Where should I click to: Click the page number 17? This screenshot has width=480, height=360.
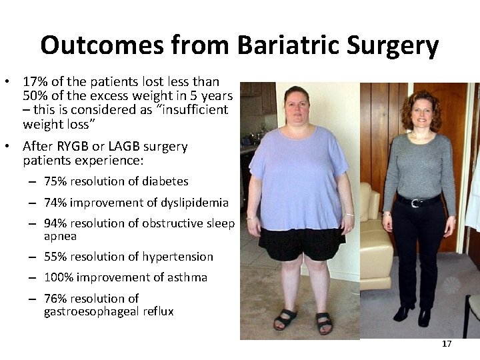coord(446,344)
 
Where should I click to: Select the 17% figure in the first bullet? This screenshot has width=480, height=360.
coord(34,82)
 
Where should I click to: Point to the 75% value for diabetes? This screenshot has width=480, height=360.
coord(55,181)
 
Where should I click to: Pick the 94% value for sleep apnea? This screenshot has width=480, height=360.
coord(55,223)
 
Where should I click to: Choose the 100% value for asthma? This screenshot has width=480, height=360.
coord(59,277)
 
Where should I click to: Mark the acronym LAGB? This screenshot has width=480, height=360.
coord(116,146)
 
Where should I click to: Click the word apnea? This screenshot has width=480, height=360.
coord(60,236)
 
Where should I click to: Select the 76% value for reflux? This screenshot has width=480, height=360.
coord(55,299)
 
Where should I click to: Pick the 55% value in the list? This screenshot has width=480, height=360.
coord(55,257)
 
